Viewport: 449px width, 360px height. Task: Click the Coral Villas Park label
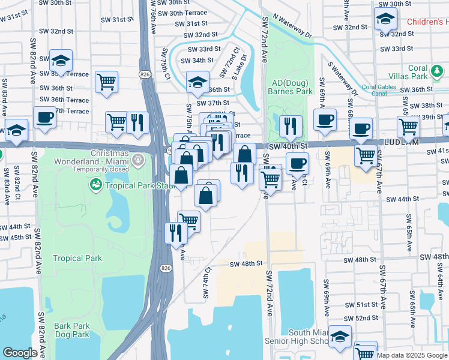click(427, 73)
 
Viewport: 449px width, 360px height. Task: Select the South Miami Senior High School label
click(306, 337)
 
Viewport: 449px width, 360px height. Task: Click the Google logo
click(19, 353)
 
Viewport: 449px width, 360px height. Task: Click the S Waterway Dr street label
click(342, 78)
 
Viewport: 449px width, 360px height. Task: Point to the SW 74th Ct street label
click(207, 283)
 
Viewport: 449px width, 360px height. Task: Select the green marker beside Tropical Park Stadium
click(95, 185)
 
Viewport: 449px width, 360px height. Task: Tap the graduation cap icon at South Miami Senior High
click(340, 337)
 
